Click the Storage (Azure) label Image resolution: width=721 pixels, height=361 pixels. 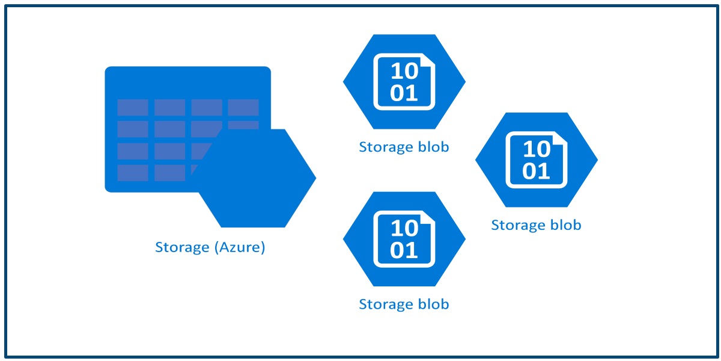click(210, 247)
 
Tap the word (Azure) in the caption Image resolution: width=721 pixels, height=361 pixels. click(239, 247)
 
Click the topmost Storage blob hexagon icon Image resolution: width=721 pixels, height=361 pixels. click(404, 82)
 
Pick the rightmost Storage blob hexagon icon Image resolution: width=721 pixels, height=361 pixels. click(536, 159)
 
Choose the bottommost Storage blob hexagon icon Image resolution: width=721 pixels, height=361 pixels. click(404, 239)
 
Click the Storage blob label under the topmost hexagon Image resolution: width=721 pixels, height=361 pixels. click(404, 147)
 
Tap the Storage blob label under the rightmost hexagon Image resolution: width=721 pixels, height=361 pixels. click(536, 225)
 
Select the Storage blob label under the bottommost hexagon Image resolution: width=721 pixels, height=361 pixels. click(404, 304)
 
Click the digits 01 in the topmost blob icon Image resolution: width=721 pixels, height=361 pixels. click(404, 93)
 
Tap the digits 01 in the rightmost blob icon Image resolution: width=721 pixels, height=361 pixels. click(536, 171)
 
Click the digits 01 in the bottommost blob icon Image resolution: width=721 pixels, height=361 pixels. click(404, 250)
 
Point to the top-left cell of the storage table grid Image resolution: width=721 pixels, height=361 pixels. click(133, 108)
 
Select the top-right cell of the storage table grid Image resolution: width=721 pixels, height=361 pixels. click(243, 108)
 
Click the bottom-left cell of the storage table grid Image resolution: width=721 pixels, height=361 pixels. click(133, 173)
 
